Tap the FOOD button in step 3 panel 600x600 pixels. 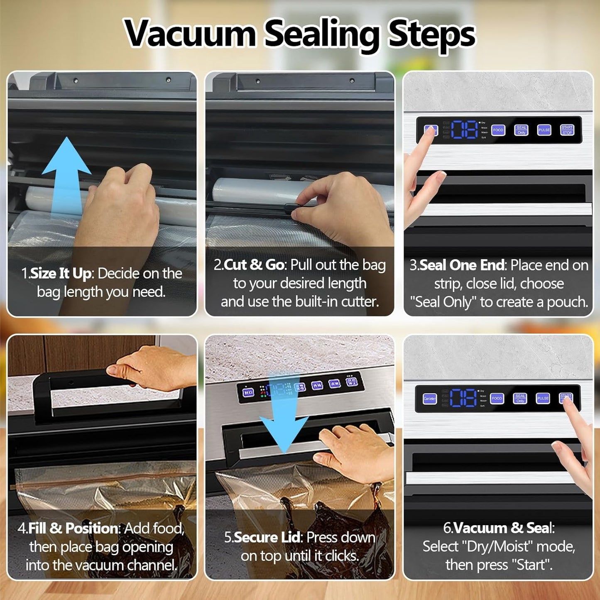pos(498,130)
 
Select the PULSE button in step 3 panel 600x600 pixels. pos(544,130)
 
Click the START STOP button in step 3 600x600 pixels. pos(567,130)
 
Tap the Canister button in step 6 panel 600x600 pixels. pos(430,399)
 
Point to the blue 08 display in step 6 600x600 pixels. pos(463,398)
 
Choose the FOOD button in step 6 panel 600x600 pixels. pos(497,398)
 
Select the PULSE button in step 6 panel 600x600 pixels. pos(543,398)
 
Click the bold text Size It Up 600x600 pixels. pos(61,274)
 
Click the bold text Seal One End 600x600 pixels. pos(462,265)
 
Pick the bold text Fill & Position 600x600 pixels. pos(73,528)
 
